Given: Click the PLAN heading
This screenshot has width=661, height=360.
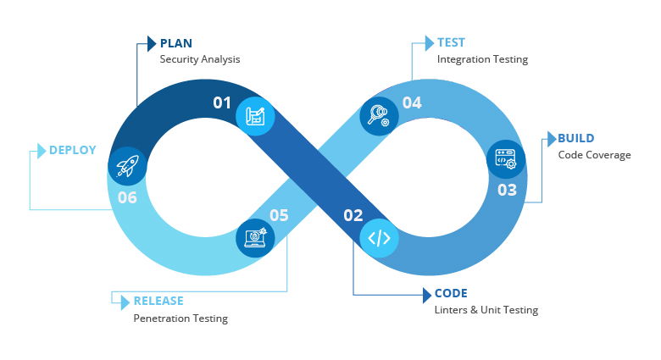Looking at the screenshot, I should coord(176,43).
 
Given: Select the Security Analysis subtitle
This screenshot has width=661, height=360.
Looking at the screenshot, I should coord(200,59).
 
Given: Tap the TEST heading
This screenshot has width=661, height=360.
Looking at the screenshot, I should coord(451,42).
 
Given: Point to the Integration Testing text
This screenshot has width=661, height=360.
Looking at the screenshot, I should coord(482,59).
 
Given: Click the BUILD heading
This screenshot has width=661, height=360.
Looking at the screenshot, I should coord(575,138).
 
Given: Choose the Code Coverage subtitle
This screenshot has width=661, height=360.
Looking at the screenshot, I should coord(594,155).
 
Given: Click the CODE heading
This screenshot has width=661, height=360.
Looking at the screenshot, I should coord(451,294).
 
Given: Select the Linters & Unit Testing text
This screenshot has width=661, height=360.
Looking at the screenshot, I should coord(486,310).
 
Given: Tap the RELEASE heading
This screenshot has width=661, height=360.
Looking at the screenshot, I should coord(158,301).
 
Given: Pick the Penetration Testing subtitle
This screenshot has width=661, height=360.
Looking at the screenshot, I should coord(181,318).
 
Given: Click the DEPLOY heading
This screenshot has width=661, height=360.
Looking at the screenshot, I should coord(72,150).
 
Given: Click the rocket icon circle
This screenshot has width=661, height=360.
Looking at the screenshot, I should coord(127,166).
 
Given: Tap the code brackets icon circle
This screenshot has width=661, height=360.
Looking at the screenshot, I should coord(379,238).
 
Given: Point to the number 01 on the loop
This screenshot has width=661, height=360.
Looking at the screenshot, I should coord(222,103).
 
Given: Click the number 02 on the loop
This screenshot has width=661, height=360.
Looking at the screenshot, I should coord(353,215).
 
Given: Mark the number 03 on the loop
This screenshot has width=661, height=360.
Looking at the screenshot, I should coord(507,190).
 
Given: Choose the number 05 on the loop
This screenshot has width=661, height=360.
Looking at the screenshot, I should coord(279,215).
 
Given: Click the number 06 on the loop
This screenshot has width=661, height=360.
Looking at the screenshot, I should coord(127,197).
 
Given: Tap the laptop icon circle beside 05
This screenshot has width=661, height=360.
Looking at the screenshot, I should coord(254,238).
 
